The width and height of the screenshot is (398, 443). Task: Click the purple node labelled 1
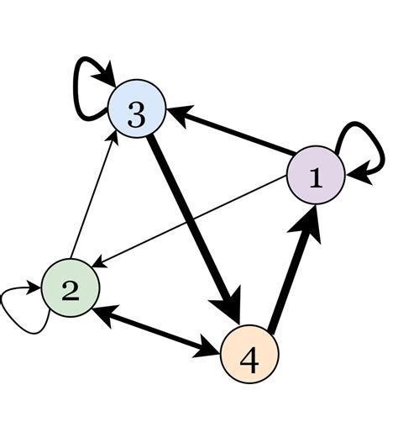317,177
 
